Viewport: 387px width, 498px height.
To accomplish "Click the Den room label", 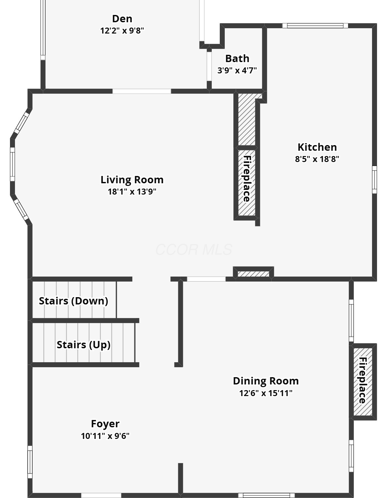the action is (x=122, y=19).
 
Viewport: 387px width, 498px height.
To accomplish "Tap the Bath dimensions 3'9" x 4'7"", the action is (x=237, y=70).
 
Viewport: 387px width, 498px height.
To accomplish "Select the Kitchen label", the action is (x=317, y=147).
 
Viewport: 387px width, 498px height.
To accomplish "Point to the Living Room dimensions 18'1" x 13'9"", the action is (x=132, y=191).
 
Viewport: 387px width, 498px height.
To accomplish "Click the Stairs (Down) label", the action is (x=73, y=301).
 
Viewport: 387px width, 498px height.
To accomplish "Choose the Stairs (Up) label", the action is (x=83, y=345).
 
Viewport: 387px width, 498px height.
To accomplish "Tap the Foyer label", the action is (x=105, y=424).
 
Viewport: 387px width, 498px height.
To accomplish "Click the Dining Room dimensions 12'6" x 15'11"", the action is (x=266, y=393).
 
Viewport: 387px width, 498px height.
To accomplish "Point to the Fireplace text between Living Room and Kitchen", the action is (x=247, y=179).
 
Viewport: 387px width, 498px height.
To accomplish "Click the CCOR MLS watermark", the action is (x=194, y=250).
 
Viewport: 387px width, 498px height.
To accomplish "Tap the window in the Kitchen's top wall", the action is (x=315, y=26).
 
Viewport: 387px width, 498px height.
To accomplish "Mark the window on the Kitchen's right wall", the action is (x=374, y=180).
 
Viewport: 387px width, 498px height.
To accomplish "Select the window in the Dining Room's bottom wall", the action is (x=266, y=495).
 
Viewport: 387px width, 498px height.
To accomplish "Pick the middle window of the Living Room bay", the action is (x=12, y=164).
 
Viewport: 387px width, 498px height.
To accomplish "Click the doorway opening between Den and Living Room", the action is (x=142, y=91).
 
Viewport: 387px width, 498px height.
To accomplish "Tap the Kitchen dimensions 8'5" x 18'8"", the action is (x=317, y=159).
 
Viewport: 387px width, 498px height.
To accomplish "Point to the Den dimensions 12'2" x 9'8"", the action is (x=122, y=31).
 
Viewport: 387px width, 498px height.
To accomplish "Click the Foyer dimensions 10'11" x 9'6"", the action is (x=105, y=436).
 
